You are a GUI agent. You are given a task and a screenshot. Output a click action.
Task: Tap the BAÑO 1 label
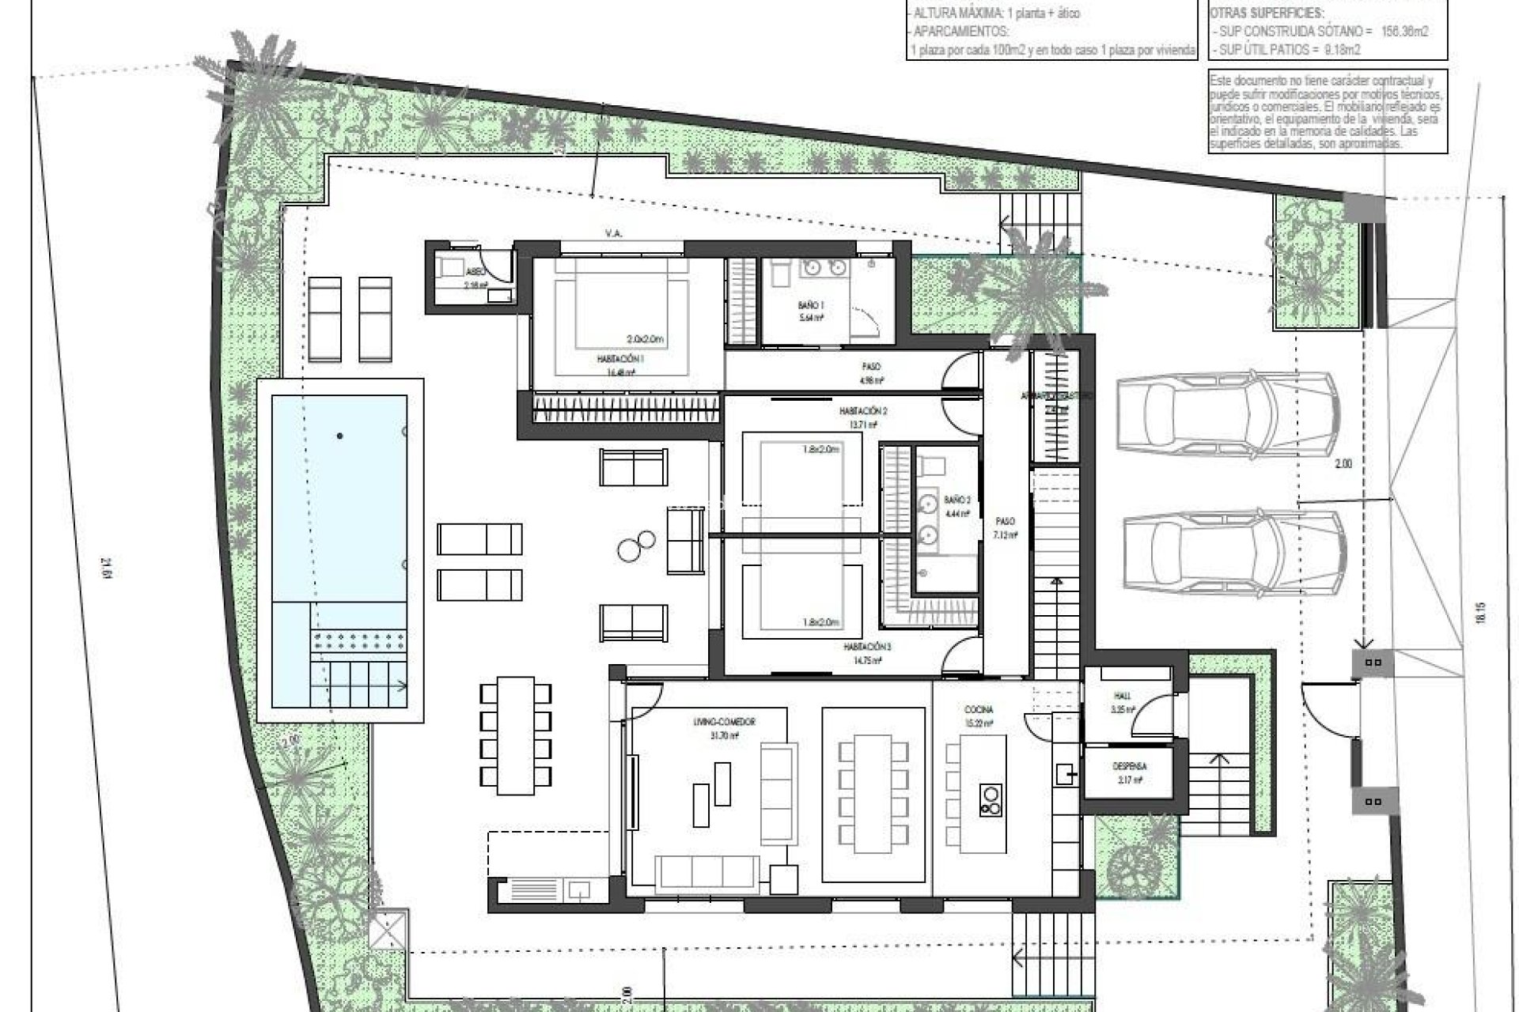[x=811, y=304]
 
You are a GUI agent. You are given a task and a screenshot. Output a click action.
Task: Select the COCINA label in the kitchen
[x=979, y=710]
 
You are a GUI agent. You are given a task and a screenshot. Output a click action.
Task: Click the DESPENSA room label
[x=1129, y=766]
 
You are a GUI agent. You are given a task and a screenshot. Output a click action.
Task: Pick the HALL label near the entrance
[x=1123, y=696]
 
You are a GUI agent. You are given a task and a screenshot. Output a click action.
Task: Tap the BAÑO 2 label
[x=956, y=500]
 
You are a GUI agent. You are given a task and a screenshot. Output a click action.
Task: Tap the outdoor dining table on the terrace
[x=516, y=735]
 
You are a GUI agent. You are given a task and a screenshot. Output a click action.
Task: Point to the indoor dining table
[x=873, y=794]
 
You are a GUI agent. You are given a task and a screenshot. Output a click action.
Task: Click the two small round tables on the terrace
[x=638, y=546]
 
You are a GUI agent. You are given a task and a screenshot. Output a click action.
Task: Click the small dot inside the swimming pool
[x=340, y=436]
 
